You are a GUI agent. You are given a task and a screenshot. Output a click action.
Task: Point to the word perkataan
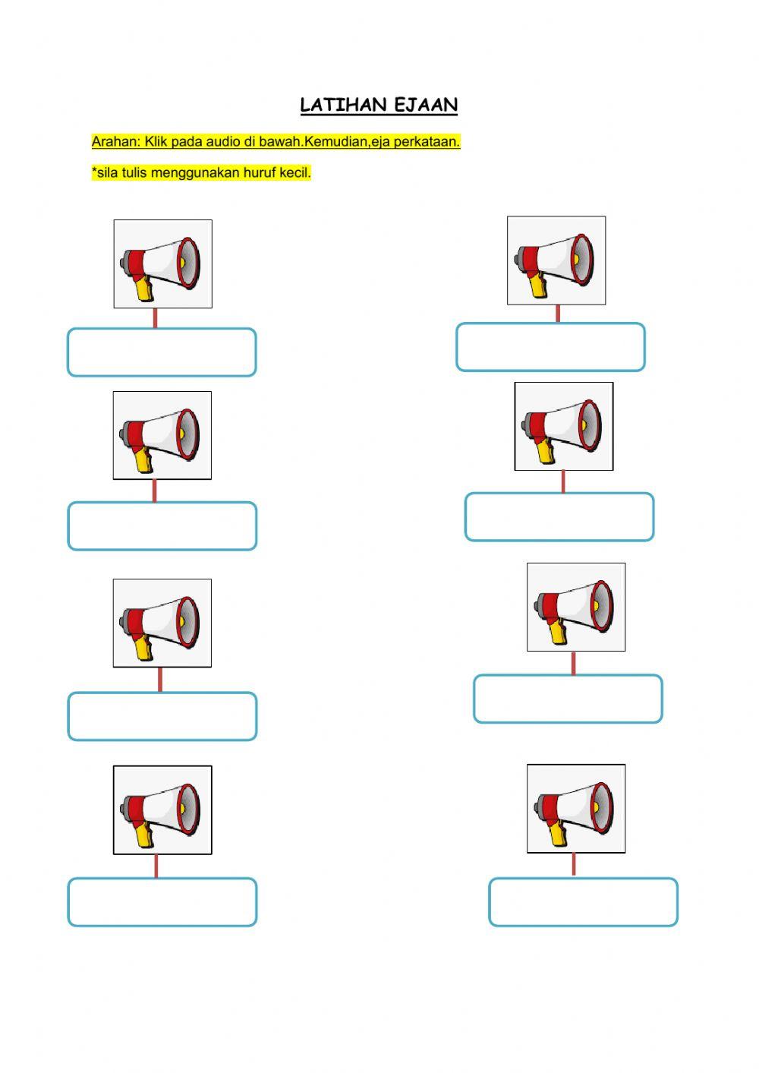(x=427, y=142)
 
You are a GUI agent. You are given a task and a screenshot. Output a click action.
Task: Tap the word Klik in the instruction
(x=156, y=142)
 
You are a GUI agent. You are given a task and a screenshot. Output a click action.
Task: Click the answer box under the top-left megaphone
(x=162, y=352)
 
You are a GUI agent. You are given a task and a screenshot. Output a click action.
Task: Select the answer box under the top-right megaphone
(x=551, y=347)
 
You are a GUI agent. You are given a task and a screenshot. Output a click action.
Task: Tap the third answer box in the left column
(x=162, y=716)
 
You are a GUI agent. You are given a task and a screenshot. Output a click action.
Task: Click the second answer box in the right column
(x=559, y=517)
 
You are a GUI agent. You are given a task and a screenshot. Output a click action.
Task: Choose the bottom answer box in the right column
(x=583, y=902)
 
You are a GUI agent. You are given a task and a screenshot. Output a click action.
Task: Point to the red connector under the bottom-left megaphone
(x=156, y=866)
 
